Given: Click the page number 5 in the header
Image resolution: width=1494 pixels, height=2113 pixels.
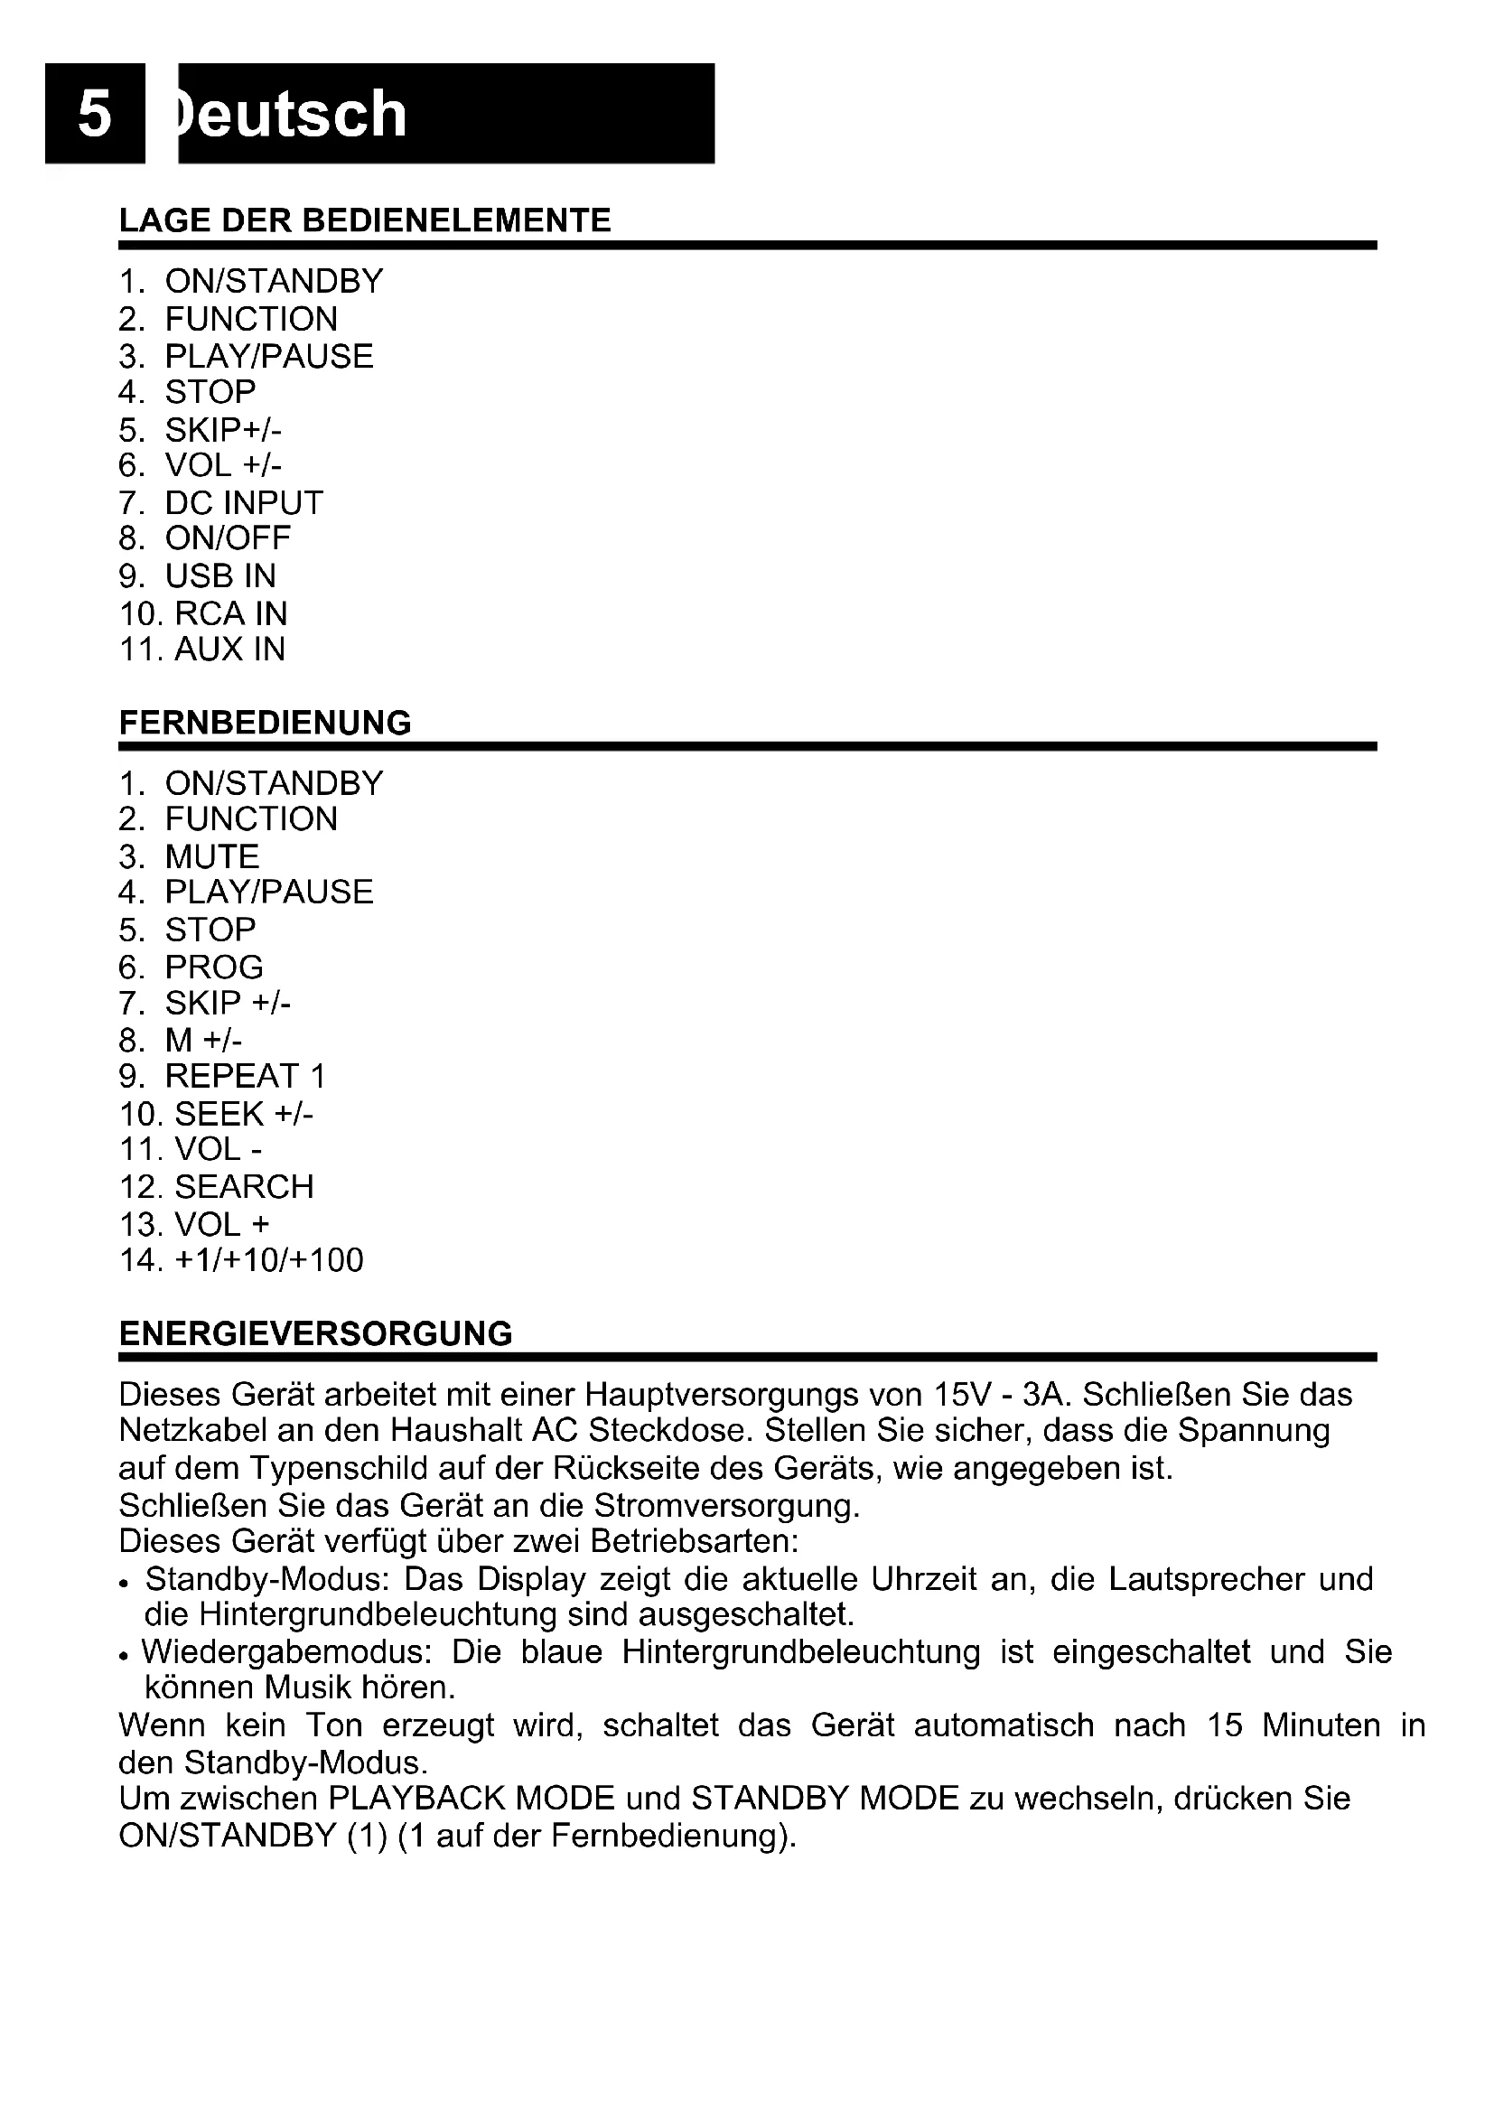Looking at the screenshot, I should (94, 114).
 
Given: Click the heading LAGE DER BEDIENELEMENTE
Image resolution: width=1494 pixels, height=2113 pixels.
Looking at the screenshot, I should (364, 220).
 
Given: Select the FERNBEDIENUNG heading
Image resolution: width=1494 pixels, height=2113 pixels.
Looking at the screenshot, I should (265, 724).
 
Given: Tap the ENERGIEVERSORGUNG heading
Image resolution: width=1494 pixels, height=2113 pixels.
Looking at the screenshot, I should (315, 1333).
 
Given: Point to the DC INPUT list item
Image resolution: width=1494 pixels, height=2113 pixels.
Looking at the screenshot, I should (244, 503).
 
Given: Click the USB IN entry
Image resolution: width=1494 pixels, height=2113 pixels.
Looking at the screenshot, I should (219, 576).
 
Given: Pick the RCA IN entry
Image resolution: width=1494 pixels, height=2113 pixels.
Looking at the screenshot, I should (230, 613).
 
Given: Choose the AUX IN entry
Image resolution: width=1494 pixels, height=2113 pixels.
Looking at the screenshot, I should (229, 650).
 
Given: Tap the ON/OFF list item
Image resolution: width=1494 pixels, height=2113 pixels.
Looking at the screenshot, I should (228, 538).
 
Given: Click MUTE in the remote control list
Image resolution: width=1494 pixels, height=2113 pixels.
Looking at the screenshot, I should (211, 856).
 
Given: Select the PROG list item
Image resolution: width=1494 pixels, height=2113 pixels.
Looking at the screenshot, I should (213, 968).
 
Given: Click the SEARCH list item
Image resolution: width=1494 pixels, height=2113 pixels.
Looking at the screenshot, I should (244, 1187).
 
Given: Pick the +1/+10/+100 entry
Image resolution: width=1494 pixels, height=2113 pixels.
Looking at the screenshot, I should (268, 1260).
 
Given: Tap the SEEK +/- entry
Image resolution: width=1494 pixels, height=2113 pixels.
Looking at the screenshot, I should (244, 1115).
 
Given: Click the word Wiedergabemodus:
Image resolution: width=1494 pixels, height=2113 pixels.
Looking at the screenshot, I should (286, 1652).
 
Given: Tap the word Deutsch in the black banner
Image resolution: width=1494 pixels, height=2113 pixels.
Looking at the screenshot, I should (291, 114).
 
